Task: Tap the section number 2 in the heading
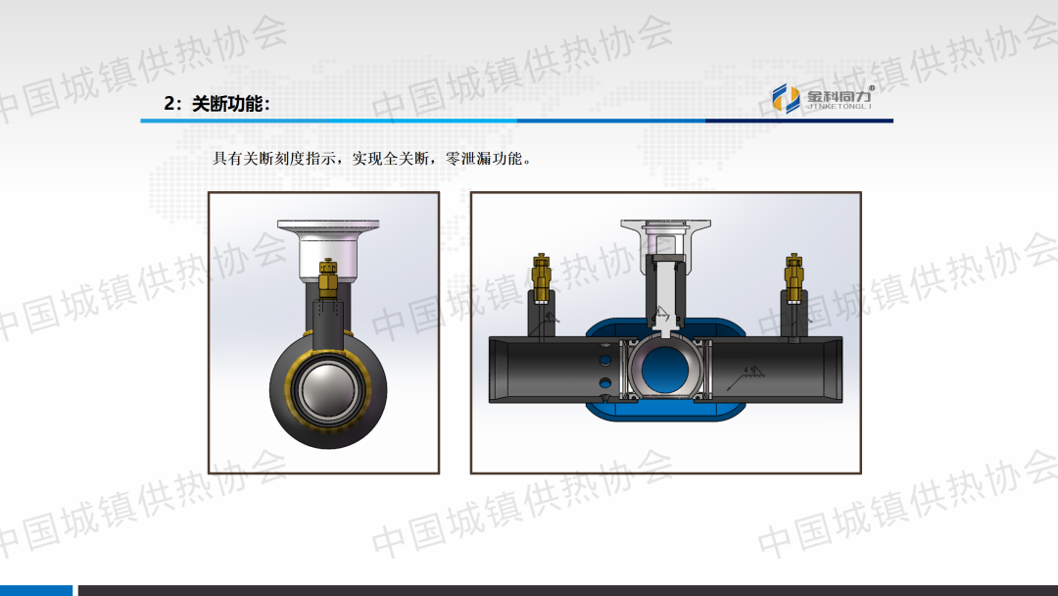[x=168, y=104]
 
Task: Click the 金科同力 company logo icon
[x=786, y=99]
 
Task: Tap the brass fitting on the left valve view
[x=327, y=277]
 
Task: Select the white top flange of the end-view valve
[x=328, y=224]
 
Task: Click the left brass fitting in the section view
[x=542, y=277]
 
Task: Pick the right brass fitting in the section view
[x=793, y=277]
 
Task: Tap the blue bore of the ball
[x=664, y=369]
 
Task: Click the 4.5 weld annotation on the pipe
[x=749, y=370]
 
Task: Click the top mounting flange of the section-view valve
[x=665, y=224]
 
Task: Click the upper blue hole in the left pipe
[x=605, y=359]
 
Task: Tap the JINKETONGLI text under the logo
[x=840, y=107]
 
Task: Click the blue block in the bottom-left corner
[x=36, y=590]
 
